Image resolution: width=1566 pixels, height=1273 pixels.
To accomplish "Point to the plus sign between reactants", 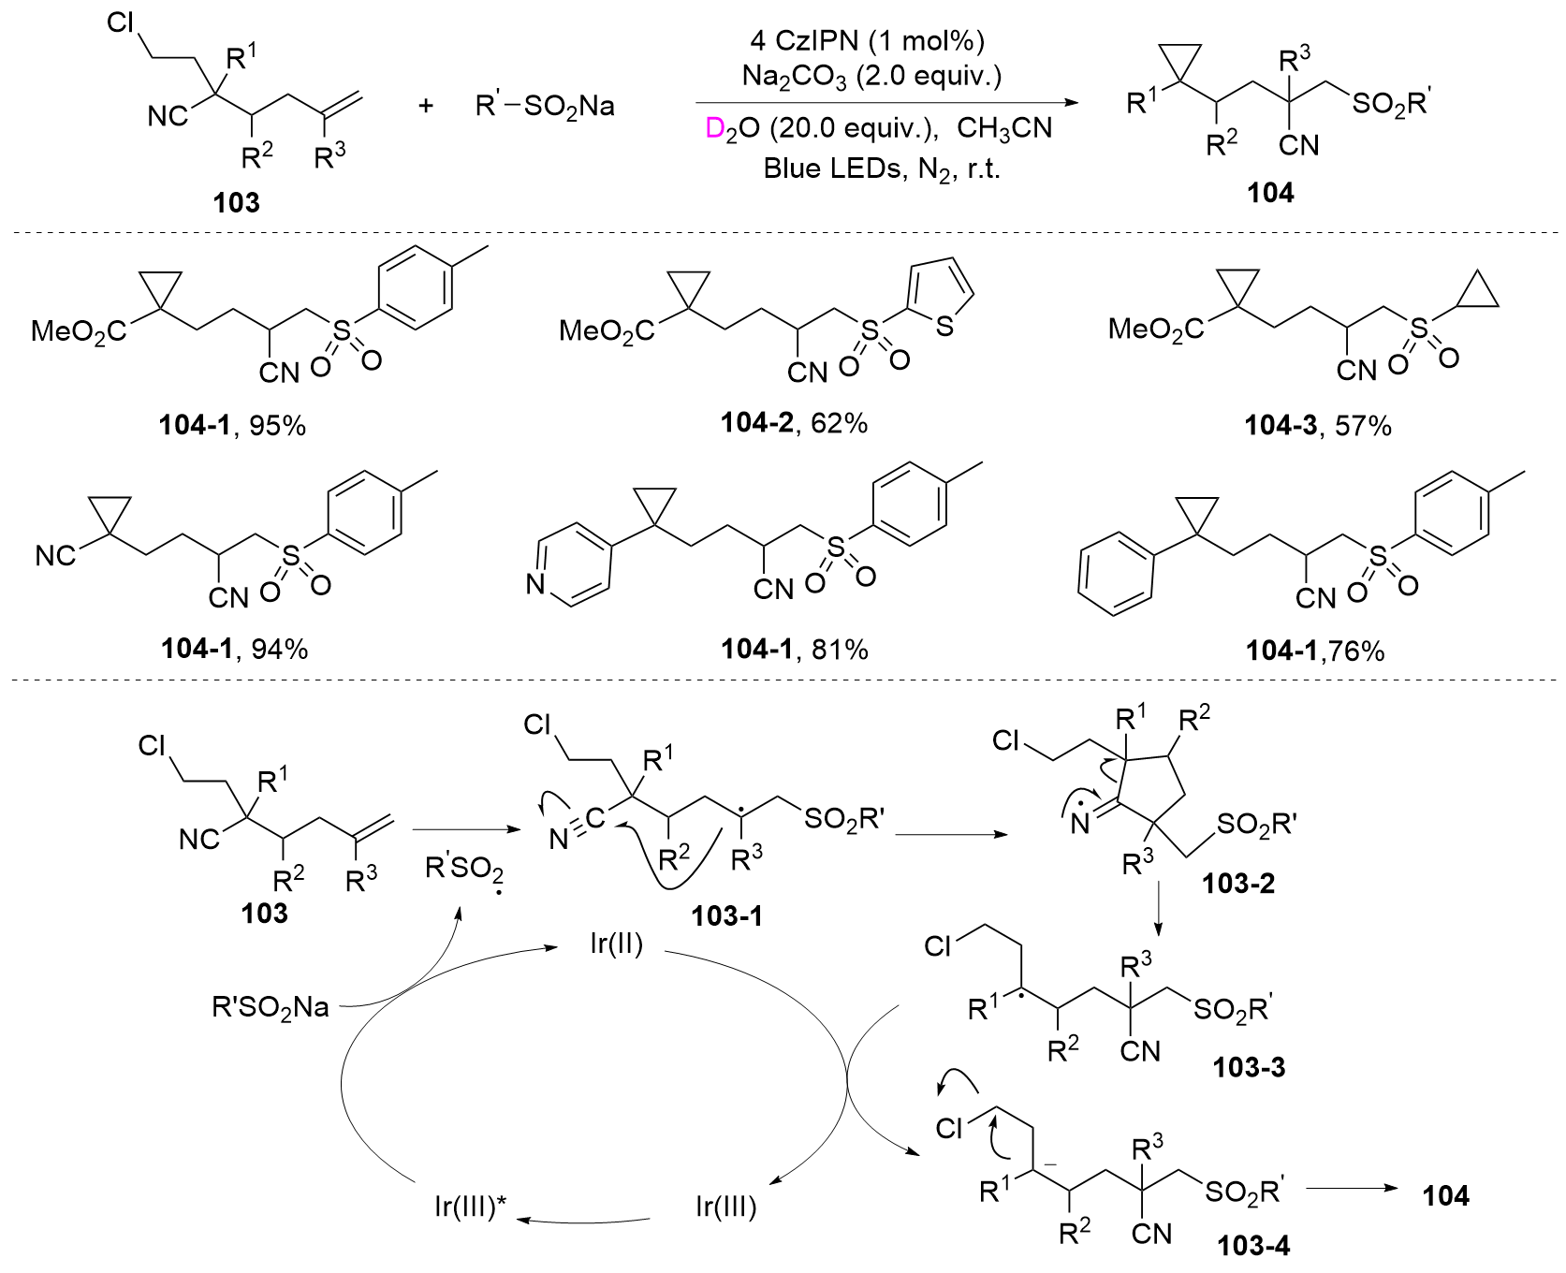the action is coord(426,105).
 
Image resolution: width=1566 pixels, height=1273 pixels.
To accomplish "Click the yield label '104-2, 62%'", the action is coord(794,423).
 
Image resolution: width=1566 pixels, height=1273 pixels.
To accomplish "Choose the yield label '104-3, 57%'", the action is coord(1318,426).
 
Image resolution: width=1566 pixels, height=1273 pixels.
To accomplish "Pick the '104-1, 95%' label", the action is coord(232,426).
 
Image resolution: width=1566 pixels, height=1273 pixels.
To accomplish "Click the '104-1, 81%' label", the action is coord(794,649).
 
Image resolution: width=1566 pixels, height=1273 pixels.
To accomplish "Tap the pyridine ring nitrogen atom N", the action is coord(535,587).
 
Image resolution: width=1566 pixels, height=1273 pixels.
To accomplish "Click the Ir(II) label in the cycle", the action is coord(617,944).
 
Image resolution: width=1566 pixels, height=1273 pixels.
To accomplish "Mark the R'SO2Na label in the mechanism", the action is coord(271,1008).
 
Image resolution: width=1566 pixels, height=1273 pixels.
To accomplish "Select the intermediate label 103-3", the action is coord(1249,1066).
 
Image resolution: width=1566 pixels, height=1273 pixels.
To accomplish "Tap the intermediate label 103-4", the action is coord(1253,1246).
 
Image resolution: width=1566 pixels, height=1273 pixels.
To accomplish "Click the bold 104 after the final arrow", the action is coord(1446,1195).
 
